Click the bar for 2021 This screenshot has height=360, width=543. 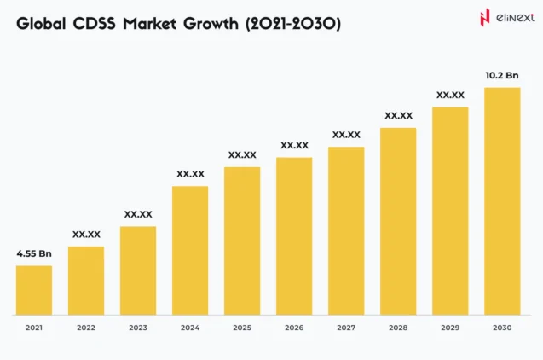(34, 290)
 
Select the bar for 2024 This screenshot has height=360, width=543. (190, 250)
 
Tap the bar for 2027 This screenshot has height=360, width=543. (346, 230)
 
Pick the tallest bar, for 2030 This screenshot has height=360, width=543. (502, 200)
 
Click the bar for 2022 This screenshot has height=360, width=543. (86, 280)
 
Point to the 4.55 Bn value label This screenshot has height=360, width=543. (34, 253)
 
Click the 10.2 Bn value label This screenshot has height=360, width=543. (502, 76)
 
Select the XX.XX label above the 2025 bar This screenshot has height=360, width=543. (242, 155)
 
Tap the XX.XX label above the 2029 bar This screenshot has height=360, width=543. (450, 95)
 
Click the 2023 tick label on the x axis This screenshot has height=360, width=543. (138, 328)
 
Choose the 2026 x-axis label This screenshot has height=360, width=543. (294, 328)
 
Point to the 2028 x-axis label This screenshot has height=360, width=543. (398, 328)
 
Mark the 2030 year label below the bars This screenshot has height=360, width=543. (502, 328)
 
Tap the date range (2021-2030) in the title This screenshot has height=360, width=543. (292, 25)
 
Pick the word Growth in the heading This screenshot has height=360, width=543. (212, 25)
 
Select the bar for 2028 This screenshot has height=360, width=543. (398, 221)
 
